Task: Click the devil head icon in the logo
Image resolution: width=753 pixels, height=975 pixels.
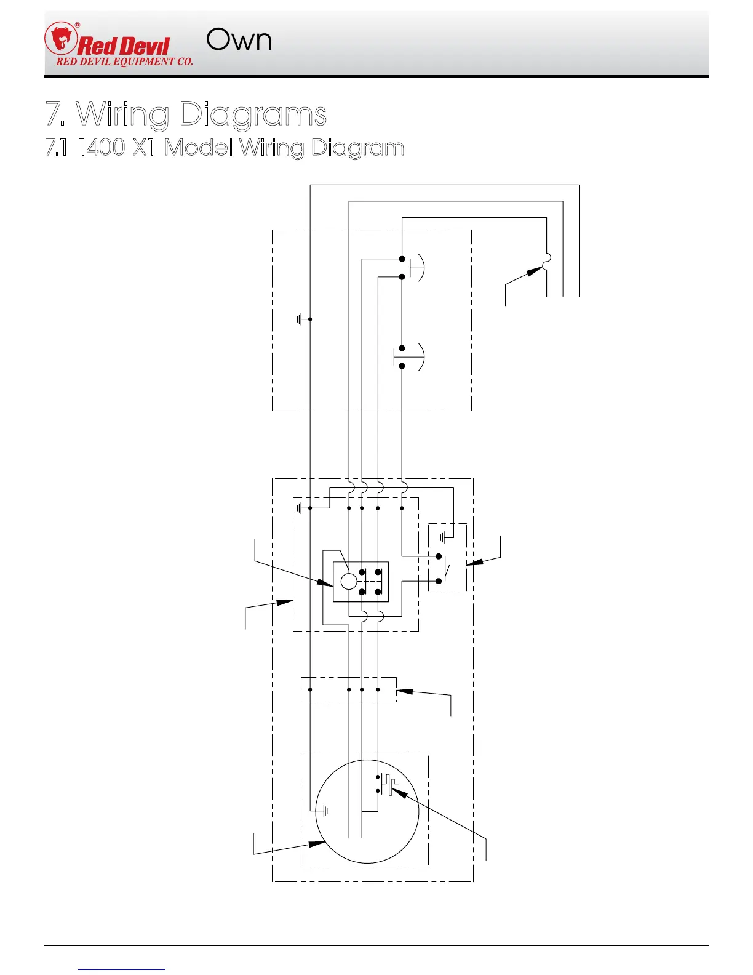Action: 60,38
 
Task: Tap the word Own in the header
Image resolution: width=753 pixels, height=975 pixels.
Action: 239,41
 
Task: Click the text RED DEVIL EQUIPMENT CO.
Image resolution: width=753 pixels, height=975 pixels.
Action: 124,62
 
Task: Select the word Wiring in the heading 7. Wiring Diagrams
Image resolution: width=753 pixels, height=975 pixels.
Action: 122,114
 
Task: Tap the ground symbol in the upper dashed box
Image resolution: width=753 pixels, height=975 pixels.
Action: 301,319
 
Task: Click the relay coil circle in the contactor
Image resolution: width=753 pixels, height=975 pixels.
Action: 349,581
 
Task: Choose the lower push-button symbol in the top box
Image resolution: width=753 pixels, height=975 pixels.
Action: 409,357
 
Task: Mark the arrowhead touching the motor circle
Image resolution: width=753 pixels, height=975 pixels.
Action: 319,843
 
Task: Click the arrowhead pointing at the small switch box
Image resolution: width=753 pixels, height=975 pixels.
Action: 472,563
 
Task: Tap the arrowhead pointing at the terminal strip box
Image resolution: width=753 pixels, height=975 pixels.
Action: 403,691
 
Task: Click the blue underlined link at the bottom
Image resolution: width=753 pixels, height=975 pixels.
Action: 122,969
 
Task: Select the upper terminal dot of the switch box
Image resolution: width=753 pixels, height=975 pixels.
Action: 439,556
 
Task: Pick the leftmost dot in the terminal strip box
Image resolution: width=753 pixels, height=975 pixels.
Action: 310,689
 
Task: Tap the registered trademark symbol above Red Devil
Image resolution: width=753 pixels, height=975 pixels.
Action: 77,25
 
